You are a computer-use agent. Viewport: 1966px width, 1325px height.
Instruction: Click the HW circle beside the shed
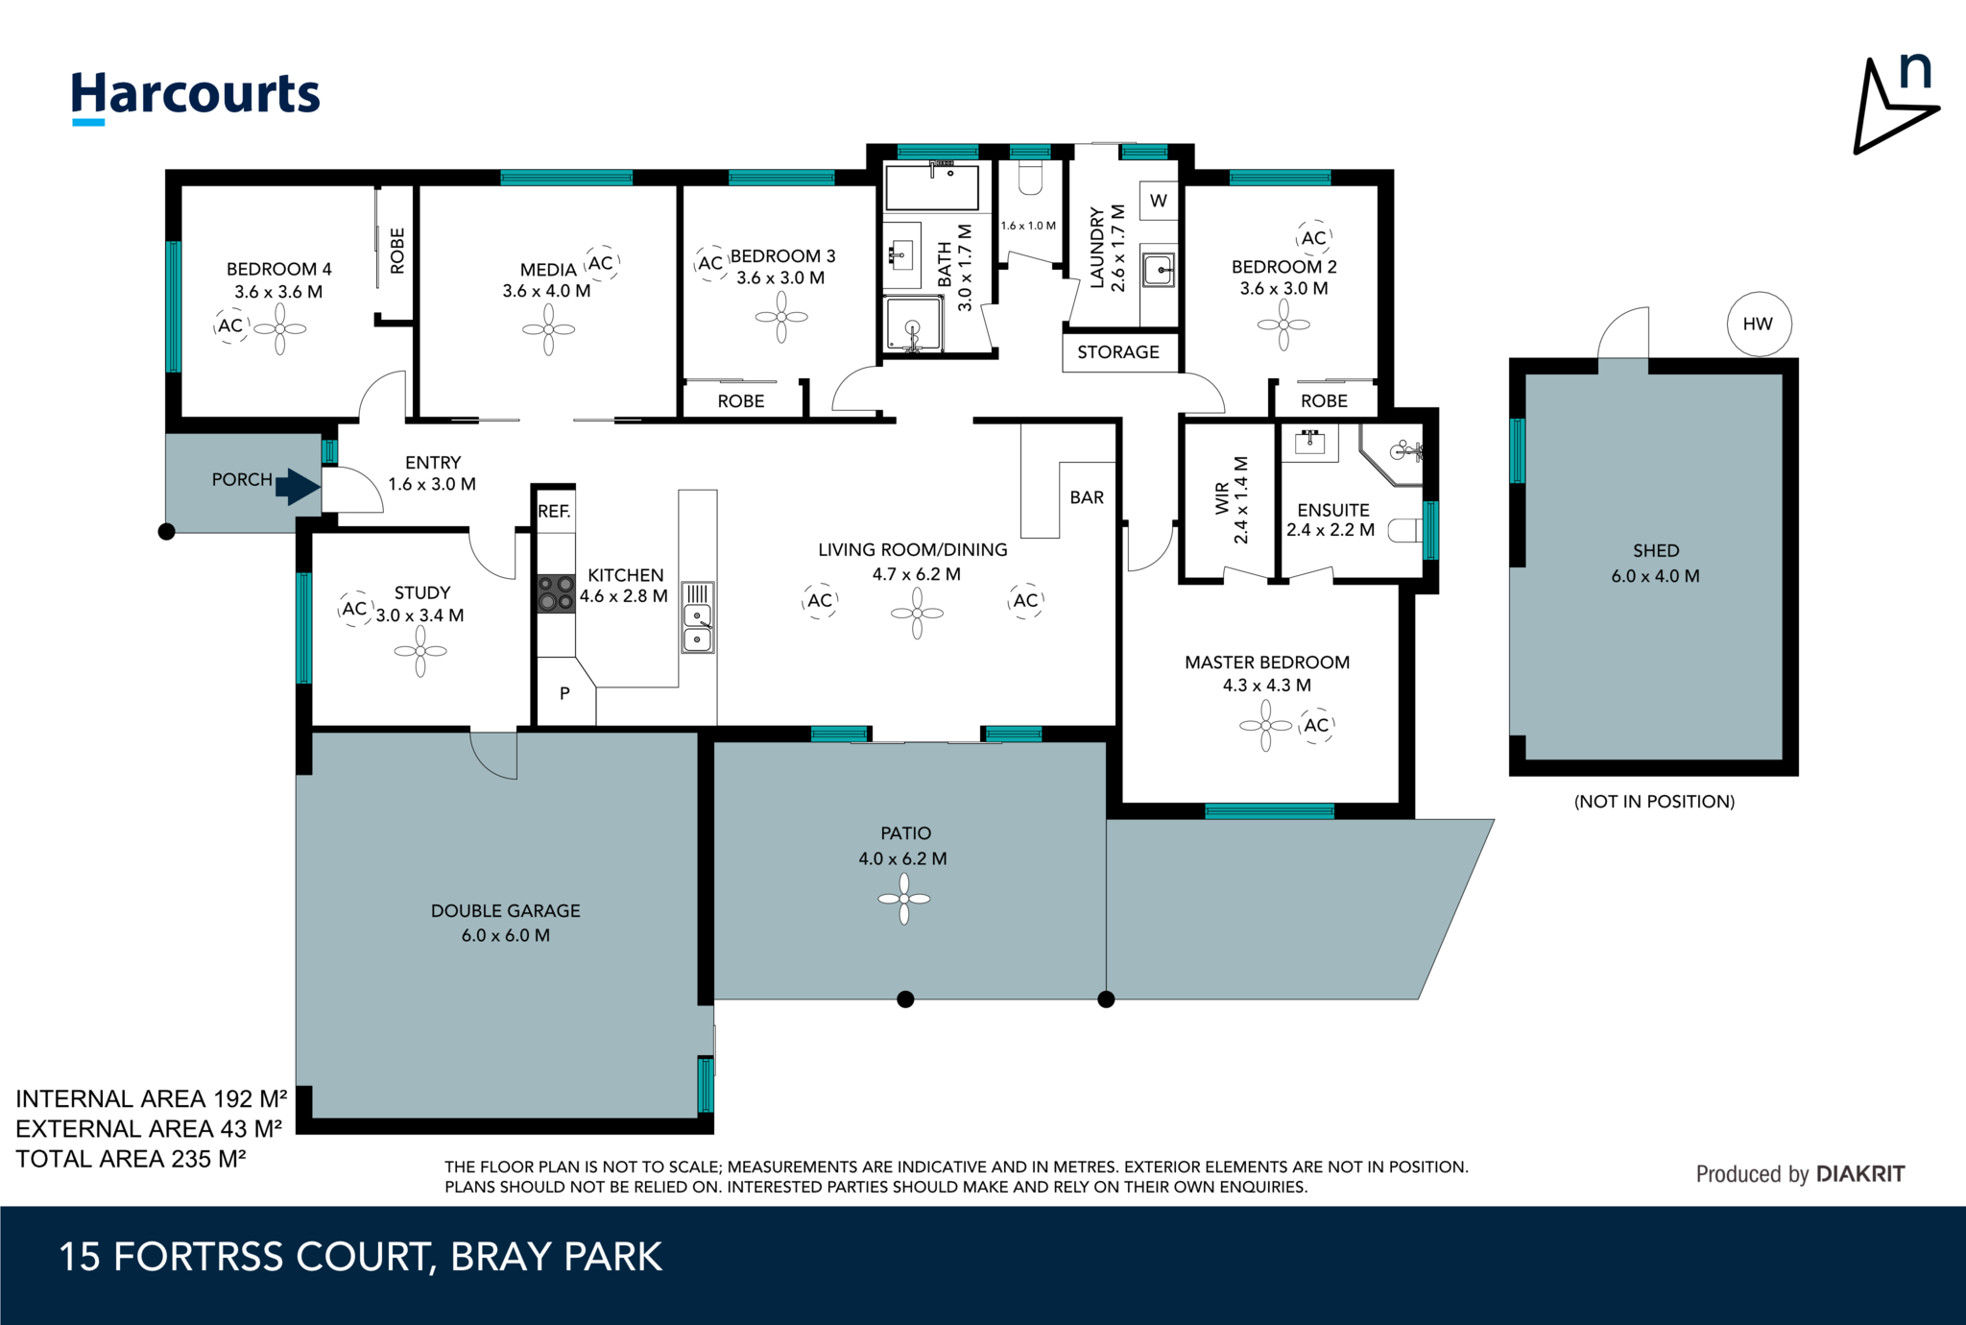(x=1758, y=325)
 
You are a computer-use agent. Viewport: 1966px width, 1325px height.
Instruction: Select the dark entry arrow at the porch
(x=298, y=486)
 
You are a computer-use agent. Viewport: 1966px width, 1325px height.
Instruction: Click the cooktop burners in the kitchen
(x=555, y=593)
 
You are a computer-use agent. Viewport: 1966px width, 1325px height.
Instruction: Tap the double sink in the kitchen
(x=698, y=627)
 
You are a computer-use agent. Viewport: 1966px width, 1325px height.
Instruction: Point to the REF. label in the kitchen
(x=554, y=512)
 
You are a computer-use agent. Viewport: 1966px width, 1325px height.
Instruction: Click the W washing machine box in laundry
(x=1159, y=201)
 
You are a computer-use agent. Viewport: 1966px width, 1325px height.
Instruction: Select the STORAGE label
(x=1118, y=352)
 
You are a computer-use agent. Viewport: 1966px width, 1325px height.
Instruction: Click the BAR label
(x=1087, y=497)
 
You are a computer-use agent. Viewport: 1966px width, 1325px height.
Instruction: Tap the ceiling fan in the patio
(x=904, y=899)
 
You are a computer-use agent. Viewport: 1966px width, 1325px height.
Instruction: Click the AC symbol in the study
(x=354, y=609)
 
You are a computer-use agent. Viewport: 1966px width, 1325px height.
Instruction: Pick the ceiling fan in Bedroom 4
(x=280, y=329)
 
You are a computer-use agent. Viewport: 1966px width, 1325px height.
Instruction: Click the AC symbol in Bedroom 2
(x=1314, y=238)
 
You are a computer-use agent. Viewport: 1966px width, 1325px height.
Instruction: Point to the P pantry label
(x=564, y=693)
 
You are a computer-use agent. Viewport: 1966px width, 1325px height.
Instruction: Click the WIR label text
(x=1222, y=499)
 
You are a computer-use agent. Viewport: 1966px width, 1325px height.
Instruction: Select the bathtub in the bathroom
(x=932, y=187)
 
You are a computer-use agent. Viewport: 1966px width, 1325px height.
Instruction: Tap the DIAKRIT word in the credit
(x=1860, y=1173)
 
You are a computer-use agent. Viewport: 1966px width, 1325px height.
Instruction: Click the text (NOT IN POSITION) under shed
(x=1654, y=802)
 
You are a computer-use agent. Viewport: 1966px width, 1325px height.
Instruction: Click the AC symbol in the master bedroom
(x=1317, y=726)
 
